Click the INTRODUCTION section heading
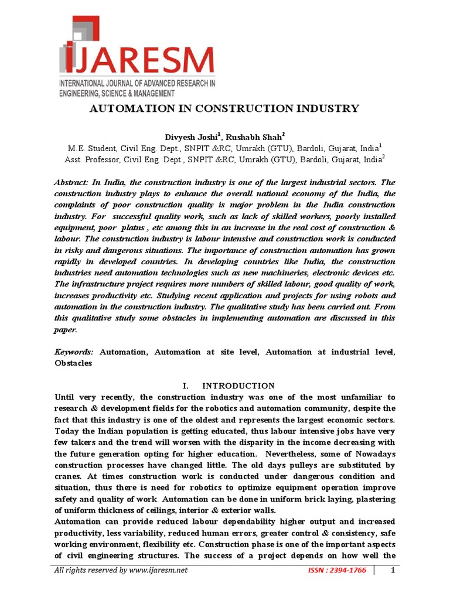(x=238, y=386)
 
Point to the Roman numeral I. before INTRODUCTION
(x=186, y=386)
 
